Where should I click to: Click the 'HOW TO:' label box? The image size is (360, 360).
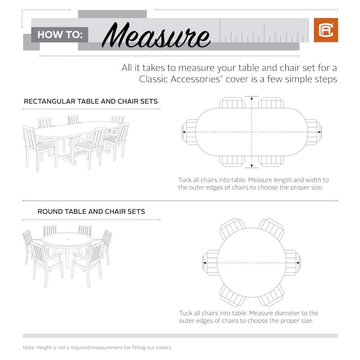click(x=59, y=34)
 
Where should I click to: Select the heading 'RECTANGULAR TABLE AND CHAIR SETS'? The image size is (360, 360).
click(x=90, y=101)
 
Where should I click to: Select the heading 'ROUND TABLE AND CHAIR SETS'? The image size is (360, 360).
click(x=91, y=211)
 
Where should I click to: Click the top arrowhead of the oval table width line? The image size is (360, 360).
click(x=252, y=98)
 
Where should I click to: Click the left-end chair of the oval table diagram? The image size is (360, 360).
click(x=189, y=132)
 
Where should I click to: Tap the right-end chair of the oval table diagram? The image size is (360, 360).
click(x=314, y=132)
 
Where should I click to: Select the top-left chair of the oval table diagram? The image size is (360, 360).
click(x=231, y=103)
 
